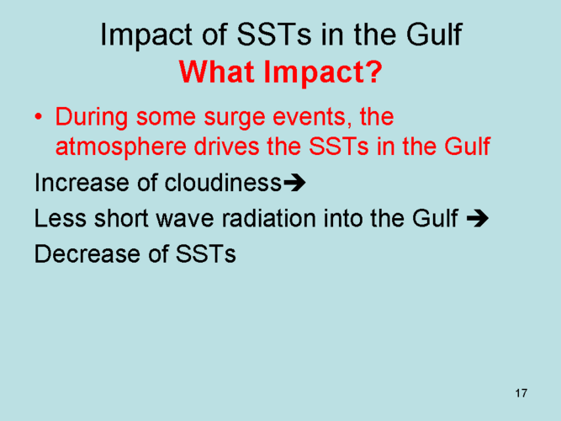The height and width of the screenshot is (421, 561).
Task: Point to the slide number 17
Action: pyautogui.click(x=521, y=393)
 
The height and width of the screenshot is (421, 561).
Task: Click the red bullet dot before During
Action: pyautogui.click(x=39, y=117)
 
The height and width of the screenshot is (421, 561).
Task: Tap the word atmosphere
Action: pyautogui.click(x=121, y=147)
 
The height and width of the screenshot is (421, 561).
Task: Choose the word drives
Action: pyautogui.click(x=227, y=147)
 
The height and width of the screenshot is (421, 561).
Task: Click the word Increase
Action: pyautogui.click(x=82, y=183)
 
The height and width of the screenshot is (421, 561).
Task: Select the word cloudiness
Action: pyautogui.click(x=223, y=183)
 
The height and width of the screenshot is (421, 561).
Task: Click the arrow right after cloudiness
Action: pyautogui.click(x=294, y=183)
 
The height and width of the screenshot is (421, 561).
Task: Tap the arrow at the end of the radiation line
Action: pyautogui.click(x=478, y=218)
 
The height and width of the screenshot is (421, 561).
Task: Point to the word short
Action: pyautogui.click(x=121, y=218)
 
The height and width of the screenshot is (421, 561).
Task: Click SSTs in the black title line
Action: pyautogui.click(x=274, y=35)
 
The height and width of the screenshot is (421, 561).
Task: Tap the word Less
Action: pyautogui.click(x=60, y=218)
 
